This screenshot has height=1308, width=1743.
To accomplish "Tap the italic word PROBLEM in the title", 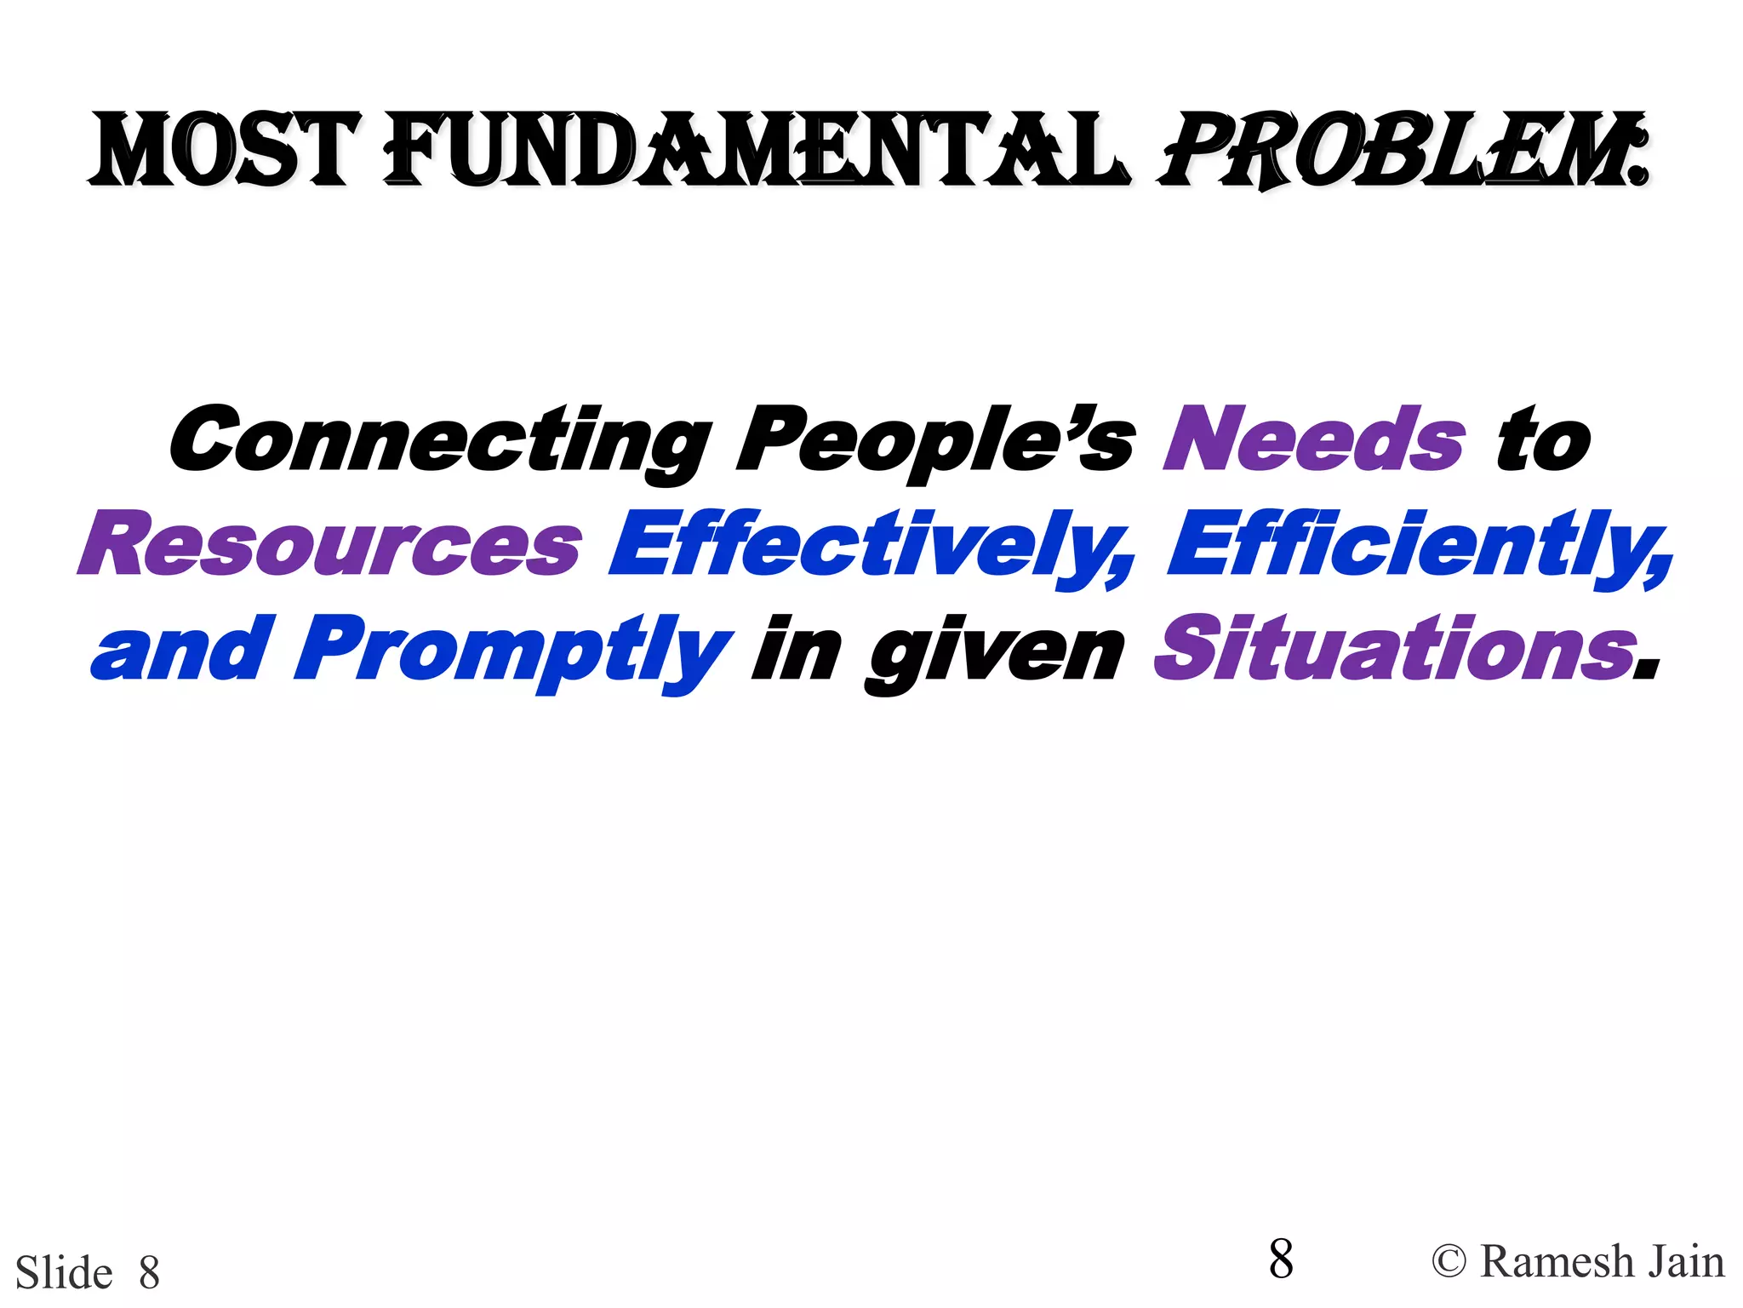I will [1396, 152].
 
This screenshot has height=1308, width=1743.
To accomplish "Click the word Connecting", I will [441, 440].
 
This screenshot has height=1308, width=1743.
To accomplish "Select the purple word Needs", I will [1314, 440].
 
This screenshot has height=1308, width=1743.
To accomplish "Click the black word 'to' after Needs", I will [1542, 440].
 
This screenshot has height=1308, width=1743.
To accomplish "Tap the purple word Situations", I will [1396, 650].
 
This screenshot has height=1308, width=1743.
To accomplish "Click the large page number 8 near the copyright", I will [1280, 1259].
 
